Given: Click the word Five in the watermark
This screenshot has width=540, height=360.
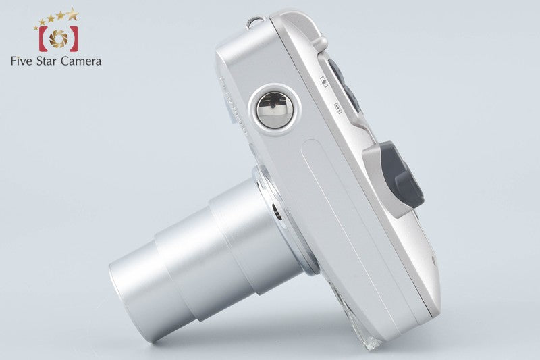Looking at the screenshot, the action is click(x=22, y=61).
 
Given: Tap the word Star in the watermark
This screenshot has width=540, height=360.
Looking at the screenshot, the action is click(x=47, y=61).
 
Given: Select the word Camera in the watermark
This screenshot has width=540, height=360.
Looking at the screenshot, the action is click(x=81, y=61).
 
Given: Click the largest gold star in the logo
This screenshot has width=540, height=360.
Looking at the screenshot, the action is click(x=72, y=14).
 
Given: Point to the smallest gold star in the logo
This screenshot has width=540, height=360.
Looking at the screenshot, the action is click(x=36, y=28).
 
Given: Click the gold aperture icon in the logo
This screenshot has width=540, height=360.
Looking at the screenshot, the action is click(x=59, y=38).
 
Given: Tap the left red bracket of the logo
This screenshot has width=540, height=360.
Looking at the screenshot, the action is click(x=43, y=38).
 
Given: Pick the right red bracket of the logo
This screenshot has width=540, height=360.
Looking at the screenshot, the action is click(x=74, y=38).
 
